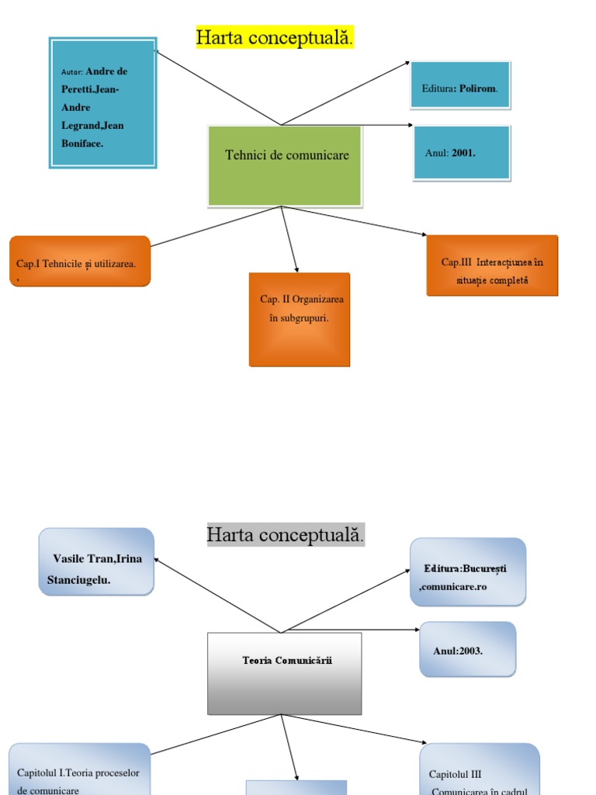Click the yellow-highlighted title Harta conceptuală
[275, 37]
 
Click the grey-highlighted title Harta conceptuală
[285, 535]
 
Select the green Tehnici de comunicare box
[285, 165]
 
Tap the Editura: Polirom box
[460, 85]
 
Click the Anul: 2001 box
[462, 152]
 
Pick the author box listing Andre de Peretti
[102, 102]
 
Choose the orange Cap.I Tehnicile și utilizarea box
[80, 262]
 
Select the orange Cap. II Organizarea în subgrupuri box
[300, 318]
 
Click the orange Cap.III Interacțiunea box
[492, 266]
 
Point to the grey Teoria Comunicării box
[284, 673]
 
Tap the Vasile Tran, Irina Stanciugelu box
[96, 562]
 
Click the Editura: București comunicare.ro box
[468, 571]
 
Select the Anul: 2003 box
[467, 649]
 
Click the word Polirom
[477, 89]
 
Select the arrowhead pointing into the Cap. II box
[297, 269]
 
